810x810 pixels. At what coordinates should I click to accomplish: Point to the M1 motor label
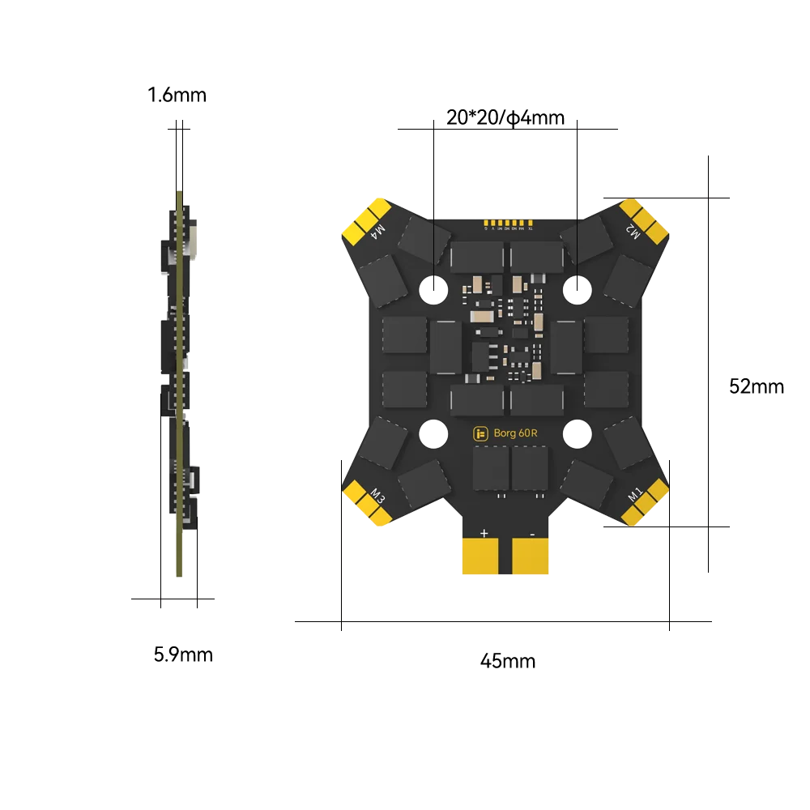click(x=634, y=492)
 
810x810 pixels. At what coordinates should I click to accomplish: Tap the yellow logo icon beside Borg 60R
click(x=481, y=433)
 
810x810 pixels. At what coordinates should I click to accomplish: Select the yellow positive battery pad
click(x=484, y=557)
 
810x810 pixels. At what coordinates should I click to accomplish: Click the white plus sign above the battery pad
click(x=484, y=533)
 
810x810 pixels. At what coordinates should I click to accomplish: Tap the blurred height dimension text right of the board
click(x=754, y=387)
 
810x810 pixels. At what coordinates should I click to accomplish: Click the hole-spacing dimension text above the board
click(x=506, y=114)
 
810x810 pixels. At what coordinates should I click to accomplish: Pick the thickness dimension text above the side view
click(x=175, y=95)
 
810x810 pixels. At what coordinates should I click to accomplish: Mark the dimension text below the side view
click(x=181, y=654)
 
